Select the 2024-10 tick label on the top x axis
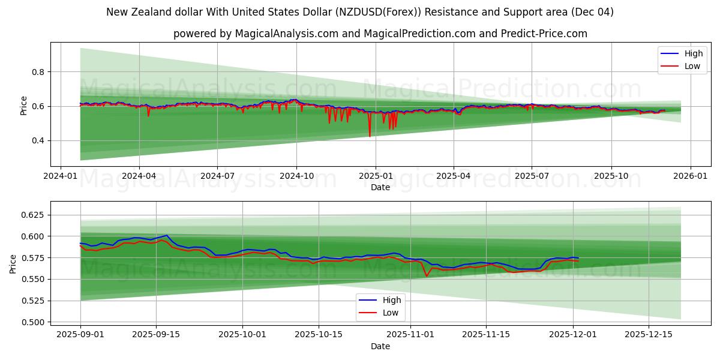click(x=296, y=176)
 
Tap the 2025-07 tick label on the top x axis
click(x=532, y=176)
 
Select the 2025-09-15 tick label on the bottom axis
click(x=156, y=334)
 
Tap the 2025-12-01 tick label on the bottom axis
click(x=574, y=334)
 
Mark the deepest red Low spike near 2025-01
click(x=370, y=136)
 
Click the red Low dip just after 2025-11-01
click(x=426, y=275)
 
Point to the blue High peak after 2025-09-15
click(x=167, y=236)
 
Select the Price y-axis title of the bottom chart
click(x=13, y=264)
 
